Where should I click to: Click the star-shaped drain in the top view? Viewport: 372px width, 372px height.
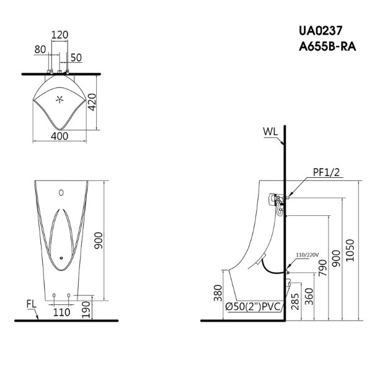(61, 99)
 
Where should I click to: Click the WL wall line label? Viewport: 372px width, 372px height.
(270, 131)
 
